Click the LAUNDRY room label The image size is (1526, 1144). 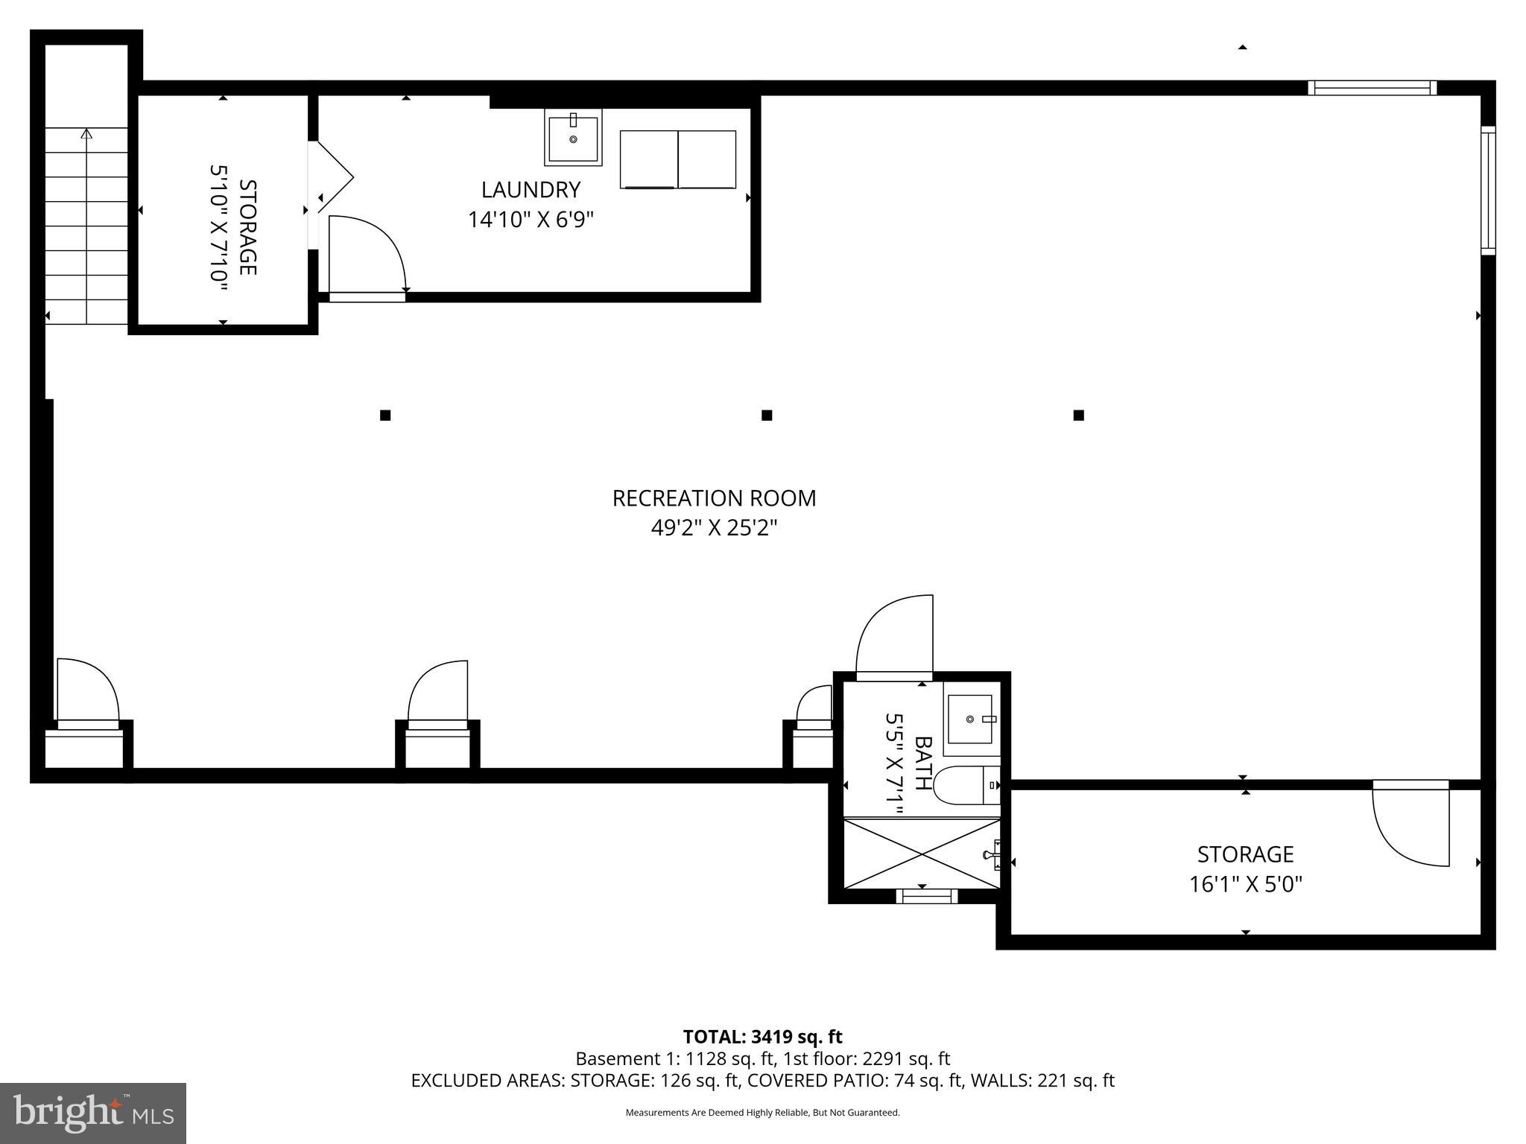tap(531, 190)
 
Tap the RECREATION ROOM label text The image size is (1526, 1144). tap(714, 498)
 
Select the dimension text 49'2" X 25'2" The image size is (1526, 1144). tap(714, 528)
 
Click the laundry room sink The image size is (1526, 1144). tap(573, 138)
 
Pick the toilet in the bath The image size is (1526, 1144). tap(966, 785)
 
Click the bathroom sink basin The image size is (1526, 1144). tap(969, 719)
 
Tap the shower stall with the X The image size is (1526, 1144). tap(921, 854)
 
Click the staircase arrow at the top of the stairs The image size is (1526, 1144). tap(86, 135)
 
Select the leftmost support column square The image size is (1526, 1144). tap(385, 415)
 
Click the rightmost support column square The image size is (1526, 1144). tap(1078, 415)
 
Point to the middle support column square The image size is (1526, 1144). tap(767, 415)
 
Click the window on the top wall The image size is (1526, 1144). tap(1372, 88)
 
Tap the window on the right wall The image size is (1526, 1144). tap(1487, 191)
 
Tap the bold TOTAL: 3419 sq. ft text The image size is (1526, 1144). tap(762, 1037)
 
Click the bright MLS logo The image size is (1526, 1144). tap(92, 1113)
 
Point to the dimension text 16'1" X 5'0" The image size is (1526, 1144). tap(1245, 885)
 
